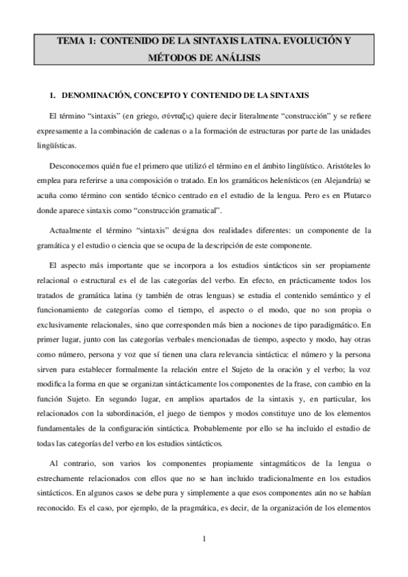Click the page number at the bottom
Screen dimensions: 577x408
(x=204, y=540)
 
